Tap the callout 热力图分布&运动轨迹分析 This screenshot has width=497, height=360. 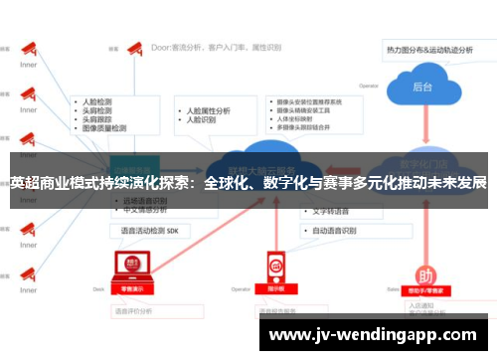tap(435, 47)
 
